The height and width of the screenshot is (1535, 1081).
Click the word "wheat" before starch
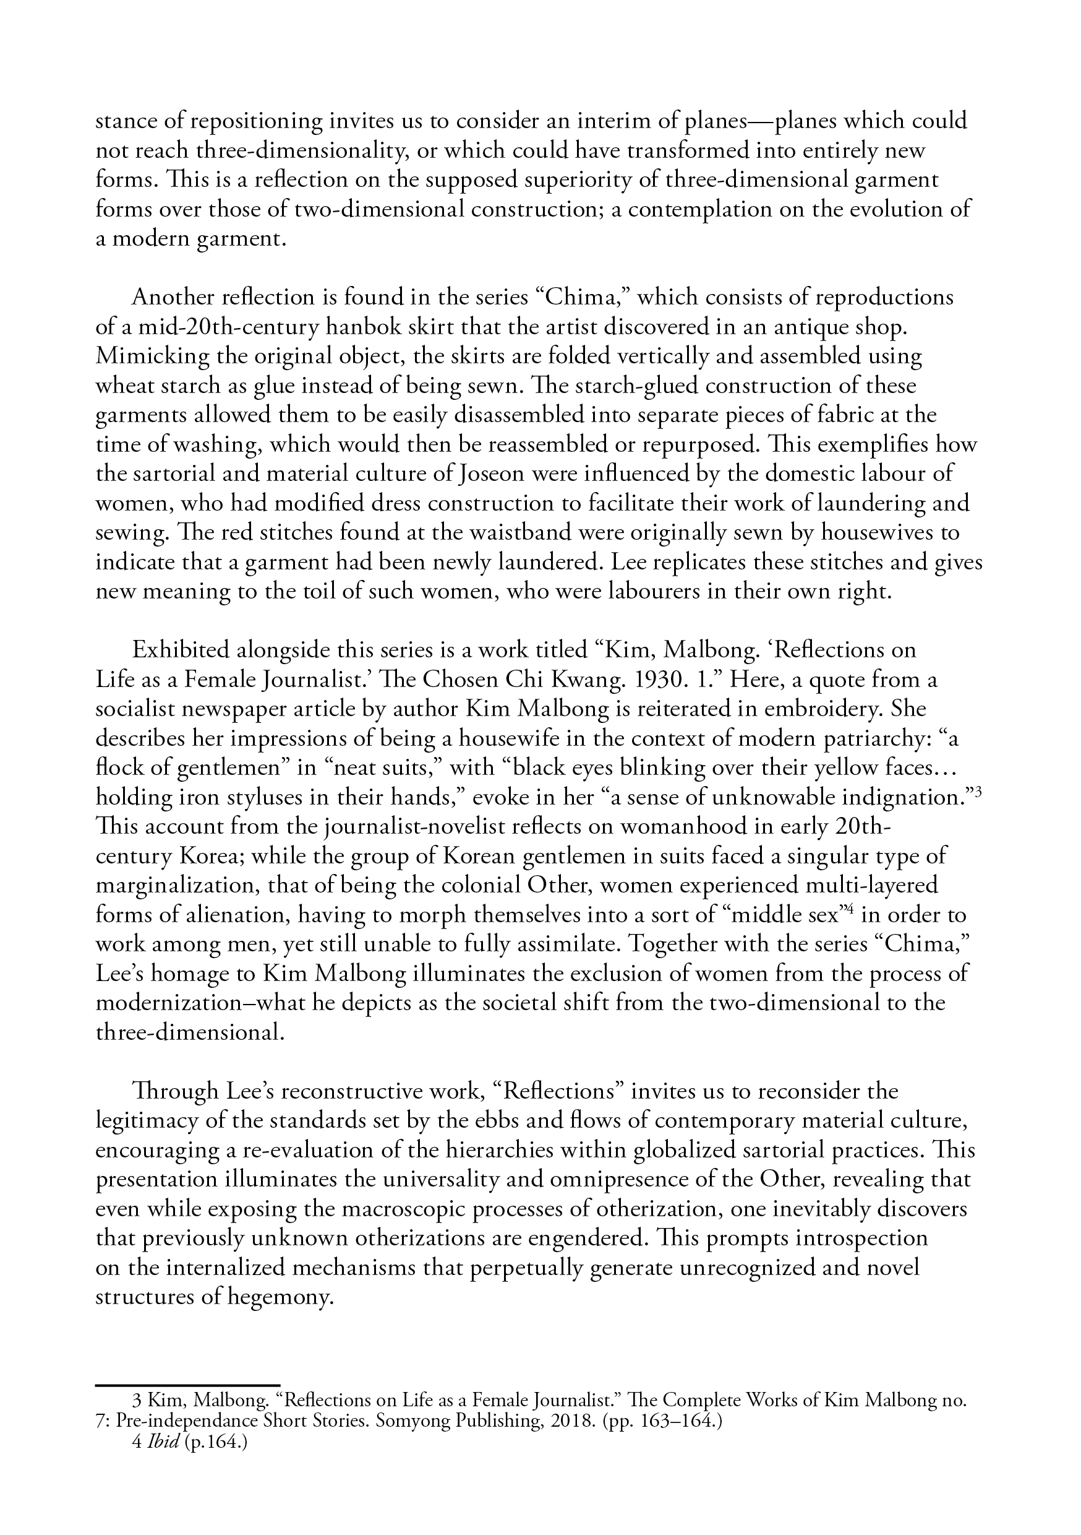click(124, 386)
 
